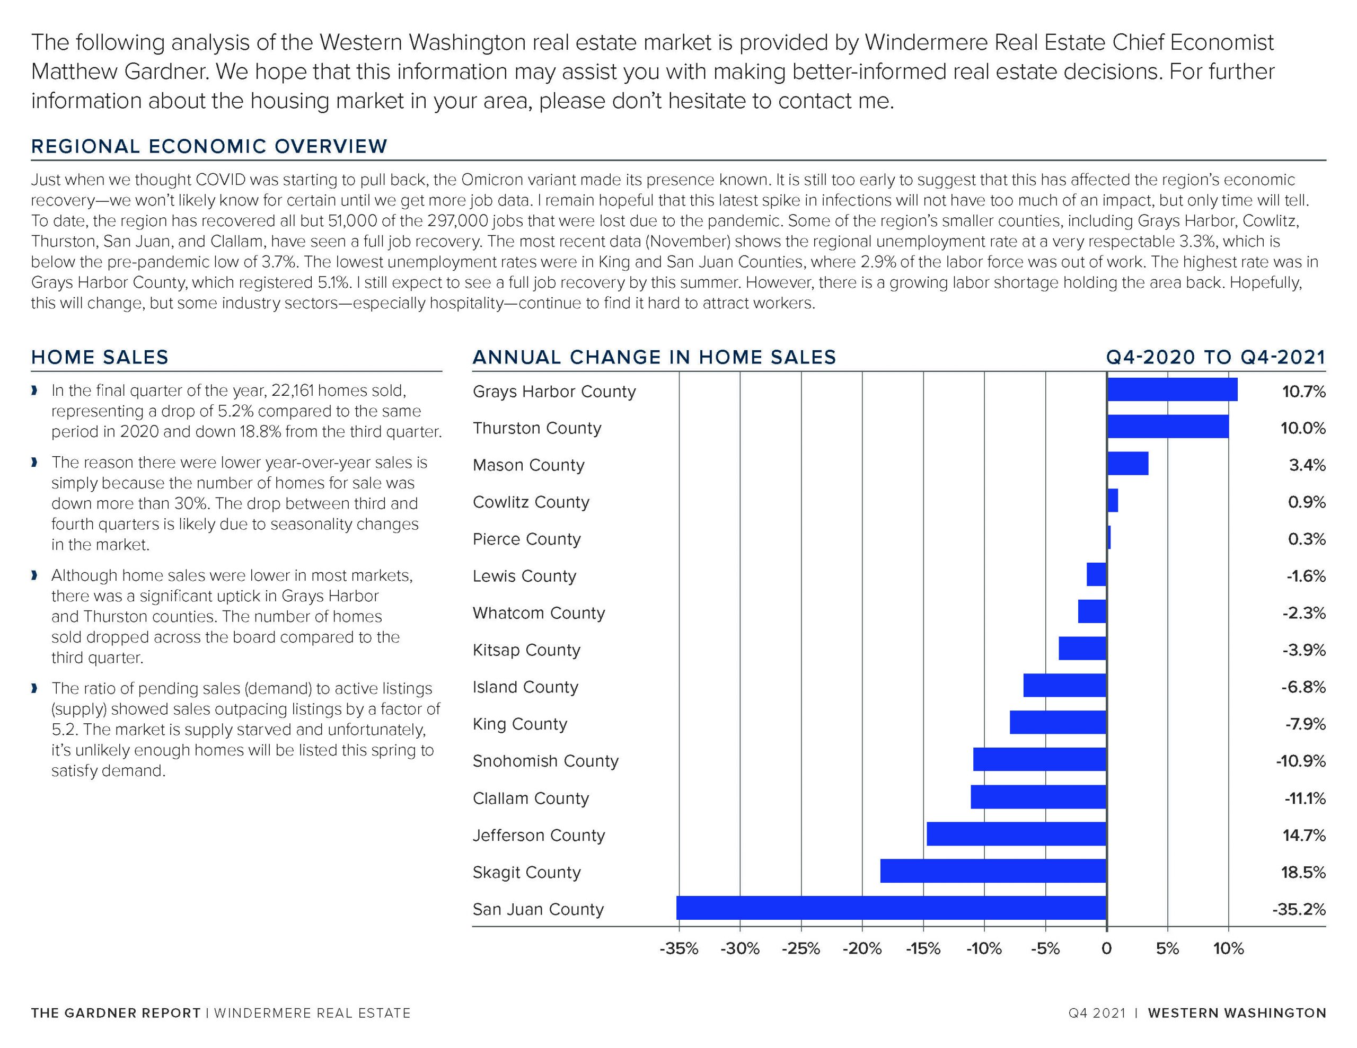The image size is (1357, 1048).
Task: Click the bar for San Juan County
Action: (x=892, y=908)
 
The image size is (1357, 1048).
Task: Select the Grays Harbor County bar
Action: (x=1172, y=389)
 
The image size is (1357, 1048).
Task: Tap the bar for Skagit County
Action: (x=993, y=871)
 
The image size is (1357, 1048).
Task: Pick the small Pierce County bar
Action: (x=1108, y=537)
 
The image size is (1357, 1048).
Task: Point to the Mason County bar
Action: (x=1127, y=464)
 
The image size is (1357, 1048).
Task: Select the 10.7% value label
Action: (x=1303, y=392)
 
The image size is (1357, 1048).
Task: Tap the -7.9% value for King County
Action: (x=1305, y=724)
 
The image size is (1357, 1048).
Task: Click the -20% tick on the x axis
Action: (x=862, y=948)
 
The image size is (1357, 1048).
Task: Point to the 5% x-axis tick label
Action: (x=1167, y=948)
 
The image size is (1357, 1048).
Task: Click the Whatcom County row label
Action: (x=539, y=613)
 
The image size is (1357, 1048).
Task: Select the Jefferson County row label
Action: (x=539, y=836)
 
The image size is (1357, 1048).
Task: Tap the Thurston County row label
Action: (x=537, y=429)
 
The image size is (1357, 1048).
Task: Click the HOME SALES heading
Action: (x=100, y=357)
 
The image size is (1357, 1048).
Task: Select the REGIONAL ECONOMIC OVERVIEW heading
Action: (x=209, y=147)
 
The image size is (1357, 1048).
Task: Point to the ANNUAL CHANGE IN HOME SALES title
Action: (x=654, y=357)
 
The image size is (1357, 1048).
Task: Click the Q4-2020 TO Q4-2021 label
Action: (x=1216, y=357)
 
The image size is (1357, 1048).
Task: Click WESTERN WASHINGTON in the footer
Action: (x=1237, y=1013)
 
